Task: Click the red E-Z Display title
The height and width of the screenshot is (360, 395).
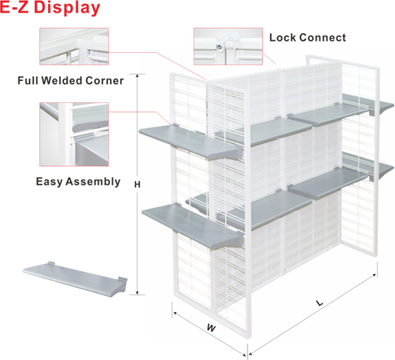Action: tap(50, 8)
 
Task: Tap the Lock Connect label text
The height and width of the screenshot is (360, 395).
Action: tap(308, 38)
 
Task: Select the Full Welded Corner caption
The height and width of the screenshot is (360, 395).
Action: tap(71, 81)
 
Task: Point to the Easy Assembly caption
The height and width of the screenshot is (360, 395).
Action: tap(78, 182)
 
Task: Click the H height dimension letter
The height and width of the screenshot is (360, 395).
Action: tap(137, 185)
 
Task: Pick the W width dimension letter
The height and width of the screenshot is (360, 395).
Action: tap(211, 328)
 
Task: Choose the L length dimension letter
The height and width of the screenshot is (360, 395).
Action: tap(320, 303)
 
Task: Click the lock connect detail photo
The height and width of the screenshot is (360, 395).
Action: tap(229, 46)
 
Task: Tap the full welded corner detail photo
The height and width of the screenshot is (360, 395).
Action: tap(74, 46)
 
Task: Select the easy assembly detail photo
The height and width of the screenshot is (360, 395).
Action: tap(74, 134)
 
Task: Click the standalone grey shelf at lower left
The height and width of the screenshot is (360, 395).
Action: tap(75, 279)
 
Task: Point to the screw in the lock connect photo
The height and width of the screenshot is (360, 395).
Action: tap(220, 46)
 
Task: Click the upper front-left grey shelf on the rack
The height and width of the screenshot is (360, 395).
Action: tap(191, 142)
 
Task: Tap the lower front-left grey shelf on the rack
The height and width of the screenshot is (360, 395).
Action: tap(193, 226)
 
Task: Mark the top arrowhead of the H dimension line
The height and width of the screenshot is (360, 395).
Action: tap(138, 75)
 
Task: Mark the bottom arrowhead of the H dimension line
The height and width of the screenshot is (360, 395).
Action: tap(138, 293)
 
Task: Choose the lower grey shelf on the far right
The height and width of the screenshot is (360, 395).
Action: tap(368, 166)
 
